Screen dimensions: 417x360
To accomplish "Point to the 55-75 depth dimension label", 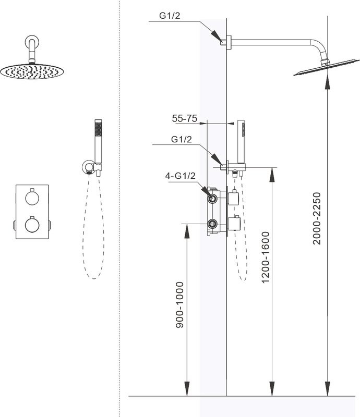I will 184,119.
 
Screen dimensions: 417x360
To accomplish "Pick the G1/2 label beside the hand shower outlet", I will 182,140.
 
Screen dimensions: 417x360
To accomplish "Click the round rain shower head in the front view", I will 32,71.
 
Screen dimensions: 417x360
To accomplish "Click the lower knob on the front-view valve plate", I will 32,224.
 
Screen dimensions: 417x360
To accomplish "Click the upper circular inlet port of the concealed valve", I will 212,199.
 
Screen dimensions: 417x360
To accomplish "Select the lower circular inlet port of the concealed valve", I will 212,224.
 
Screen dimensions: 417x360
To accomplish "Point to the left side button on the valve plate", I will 14,225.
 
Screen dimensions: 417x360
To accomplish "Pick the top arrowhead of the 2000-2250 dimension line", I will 327,79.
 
